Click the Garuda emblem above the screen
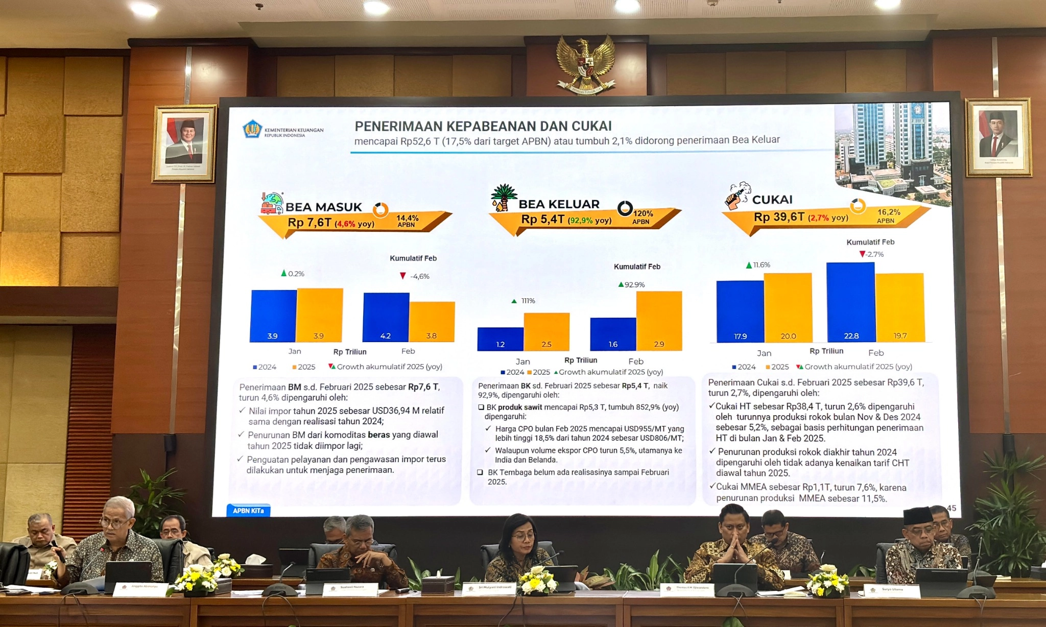[585, 64]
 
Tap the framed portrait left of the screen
[184, 143]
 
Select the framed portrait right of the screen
[997, 137]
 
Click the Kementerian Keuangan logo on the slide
[252, 130]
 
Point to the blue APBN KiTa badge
[248, 511]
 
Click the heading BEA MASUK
[323, 207]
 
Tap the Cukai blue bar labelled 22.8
[851, 302]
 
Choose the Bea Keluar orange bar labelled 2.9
[659, 321]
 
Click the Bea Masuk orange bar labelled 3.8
[432, 322]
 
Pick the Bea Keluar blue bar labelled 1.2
[500, 339]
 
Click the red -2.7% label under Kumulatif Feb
[873, 254]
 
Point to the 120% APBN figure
[643, 213]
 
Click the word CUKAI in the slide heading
[772, 200]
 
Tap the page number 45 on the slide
[952, 508]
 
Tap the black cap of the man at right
[918, 516]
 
